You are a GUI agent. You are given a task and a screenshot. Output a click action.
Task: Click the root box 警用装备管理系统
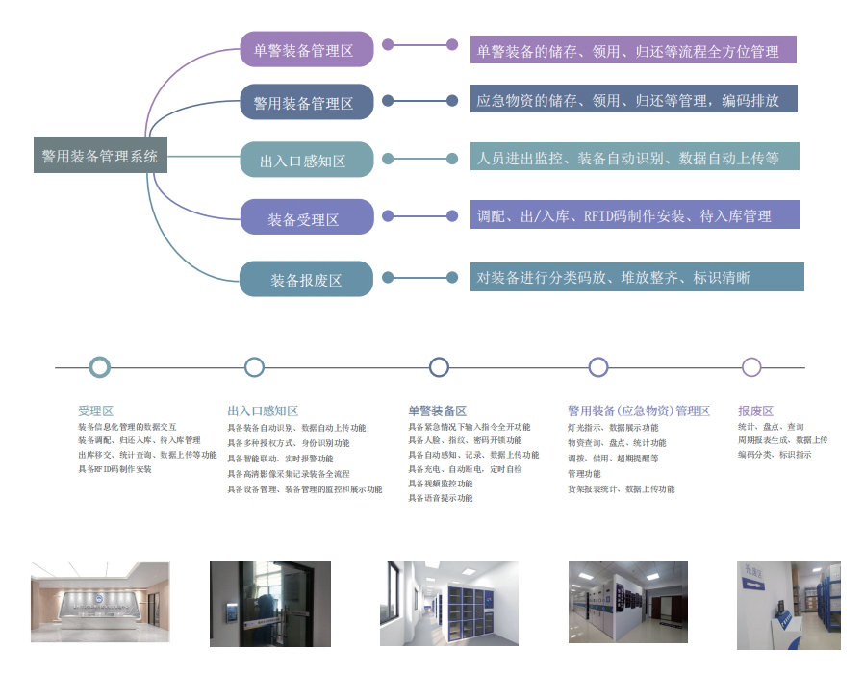[100, 155]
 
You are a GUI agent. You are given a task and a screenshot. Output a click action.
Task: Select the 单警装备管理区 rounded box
[306, 49]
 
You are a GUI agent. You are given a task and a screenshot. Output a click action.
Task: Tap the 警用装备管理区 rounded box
[306, 102]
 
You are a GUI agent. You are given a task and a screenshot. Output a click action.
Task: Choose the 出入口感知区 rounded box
[306, 160]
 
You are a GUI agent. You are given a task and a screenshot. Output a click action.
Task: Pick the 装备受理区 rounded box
[306, 218]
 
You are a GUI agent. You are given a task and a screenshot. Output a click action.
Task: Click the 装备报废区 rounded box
[306, 279]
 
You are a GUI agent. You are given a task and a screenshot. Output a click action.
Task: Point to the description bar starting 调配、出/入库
[635, 215]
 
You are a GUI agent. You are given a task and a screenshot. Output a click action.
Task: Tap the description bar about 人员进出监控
[635, 157]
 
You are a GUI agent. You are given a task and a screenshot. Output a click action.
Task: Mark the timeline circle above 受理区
[99, 367]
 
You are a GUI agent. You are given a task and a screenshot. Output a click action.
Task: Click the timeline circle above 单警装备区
[439, 367]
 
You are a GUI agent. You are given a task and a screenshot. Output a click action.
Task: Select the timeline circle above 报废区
[751, 367]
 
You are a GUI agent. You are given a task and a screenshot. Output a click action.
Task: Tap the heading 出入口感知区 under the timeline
[263, 411]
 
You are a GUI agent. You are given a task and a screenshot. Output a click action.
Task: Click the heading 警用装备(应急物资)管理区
[638, 411]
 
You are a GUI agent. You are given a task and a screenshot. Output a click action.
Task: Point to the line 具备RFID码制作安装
[114, 469]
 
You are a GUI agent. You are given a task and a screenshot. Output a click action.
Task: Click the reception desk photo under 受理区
[100, 603]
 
